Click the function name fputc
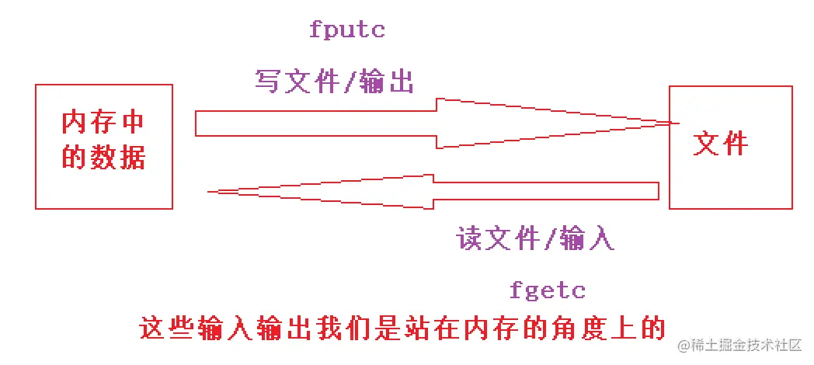pyautogui.click(x=347, y=31)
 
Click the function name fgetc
pyautogui.click(x=548, y=291)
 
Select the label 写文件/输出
pyautogui.click(x=334, y=80)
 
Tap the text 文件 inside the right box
pyautogui.click(x=721, y=144)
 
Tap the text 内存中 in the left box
pyautogui.click(x=103, y=125)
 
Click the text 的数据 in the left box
pyautogui.click(x=103, y=158)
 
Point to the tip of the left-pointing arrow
pyautogui.click(x=211, y=190)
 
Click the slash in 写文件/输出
pyautogui.click(x=350, y=81)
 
